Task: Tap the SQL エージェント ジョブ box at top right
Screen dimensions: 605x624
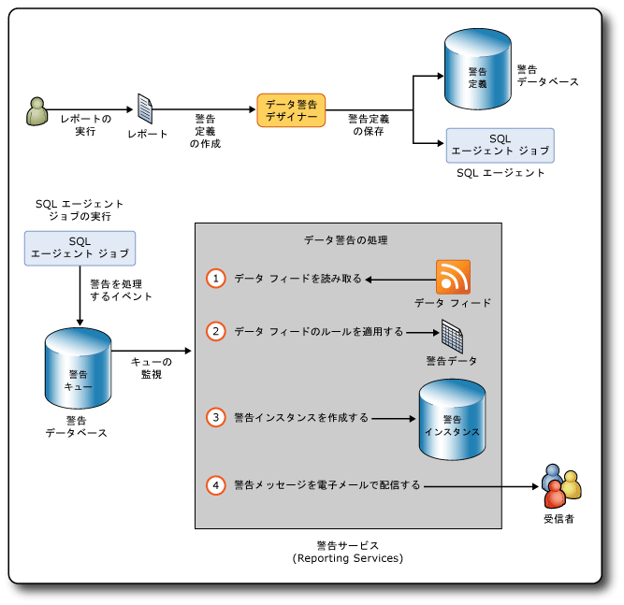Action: tap(500, 145)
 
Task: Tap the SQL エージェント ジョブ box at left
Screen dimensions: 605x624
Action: tap(80, 248)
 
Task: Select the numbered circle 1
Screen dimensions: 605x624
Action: tap(216, 279)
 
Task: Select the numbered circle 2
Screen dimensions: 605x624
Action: tap(216, 331)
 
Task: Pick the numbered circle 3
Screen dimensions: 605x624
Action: tap(216, 417)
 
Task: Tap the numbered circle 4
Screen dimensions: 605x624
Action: tap(216, 485)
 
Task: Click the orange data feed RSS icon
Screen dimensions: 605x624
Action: tap(453, 277)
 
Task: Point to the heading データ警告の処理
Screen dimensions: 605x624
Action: tap(346, 240)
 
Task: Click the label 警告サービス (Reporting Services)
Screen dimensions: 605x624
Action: tap(347, 551)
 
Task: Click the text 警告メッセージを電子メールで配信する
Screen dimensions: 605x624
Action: tap(327, 485)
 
